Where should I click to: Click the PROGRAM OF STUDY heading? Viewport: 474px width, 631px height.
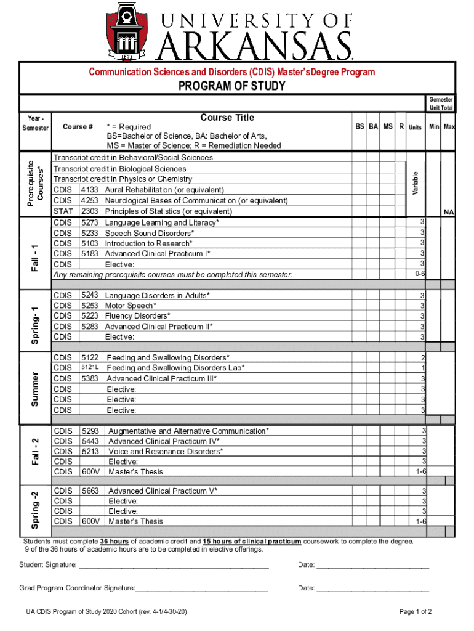tap(231, 86)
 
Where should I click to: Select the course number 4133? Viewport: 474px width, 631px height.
tap(90, 190)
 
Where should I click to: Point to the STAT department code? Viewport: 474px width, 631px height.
tap(64, 211)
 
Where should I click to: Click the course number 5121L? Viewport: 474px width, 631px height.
tap(90, 368)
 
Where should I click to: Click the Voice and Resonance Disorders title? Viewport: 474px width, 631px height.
tap(166, 451)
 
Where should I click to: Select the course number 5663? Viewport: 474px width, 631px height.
tap(91, 491)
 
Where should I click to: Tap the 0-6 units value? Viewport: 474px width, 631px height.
tap(420, 274)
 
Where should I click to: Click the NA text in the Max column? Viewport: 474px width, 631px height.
tap(449, 211)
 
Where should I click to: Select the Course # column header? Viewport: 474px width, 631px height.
tap(78, 127)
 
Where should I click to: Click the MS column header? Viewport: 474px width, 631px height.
tap(387, 127)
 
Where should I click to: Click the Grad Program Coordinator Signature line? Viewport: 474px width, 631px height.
tap(201, 588)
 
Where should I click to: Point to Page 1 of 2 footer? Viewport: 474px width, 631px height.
tap(416, 612)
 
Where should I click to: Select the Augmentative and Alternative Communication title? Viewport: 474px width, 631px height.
tap(188, 431)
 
